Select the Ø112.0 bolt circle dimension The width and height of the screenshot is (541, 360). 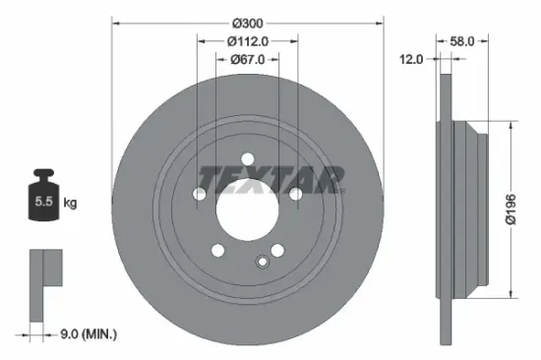[x=247, y=41]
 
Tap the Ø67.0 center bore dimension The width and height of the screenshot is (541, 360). [x=247, y=60]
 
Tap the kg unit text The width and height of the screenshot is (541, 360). [x=70, y=204]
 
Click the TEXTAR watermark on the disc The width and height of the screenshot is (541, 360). [x=272, y=180]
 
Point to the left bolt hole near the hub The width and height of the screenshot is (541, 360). [x=200, y=195]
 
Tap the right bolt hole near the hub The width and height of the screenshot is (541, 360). [x=295, y=195]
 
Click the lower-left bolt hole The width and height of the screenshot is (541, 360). [x=217, y=250]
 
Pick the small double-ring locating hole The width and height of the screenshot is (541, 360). [x=262, y=261]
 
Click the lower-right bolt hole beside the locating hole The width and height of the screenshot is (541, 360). [x=276, y=250]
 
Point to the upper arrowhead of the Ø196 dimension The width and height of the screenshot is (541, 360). [x=511, y=127]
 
